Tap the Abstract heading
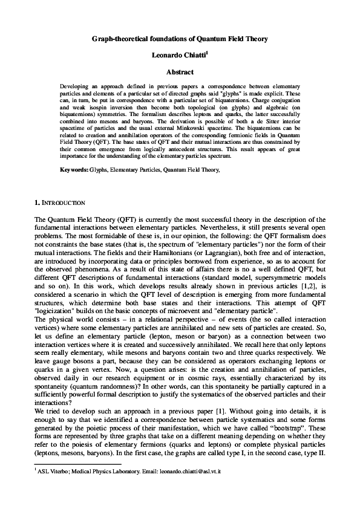pyautogui.click(x=180, y=72)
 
